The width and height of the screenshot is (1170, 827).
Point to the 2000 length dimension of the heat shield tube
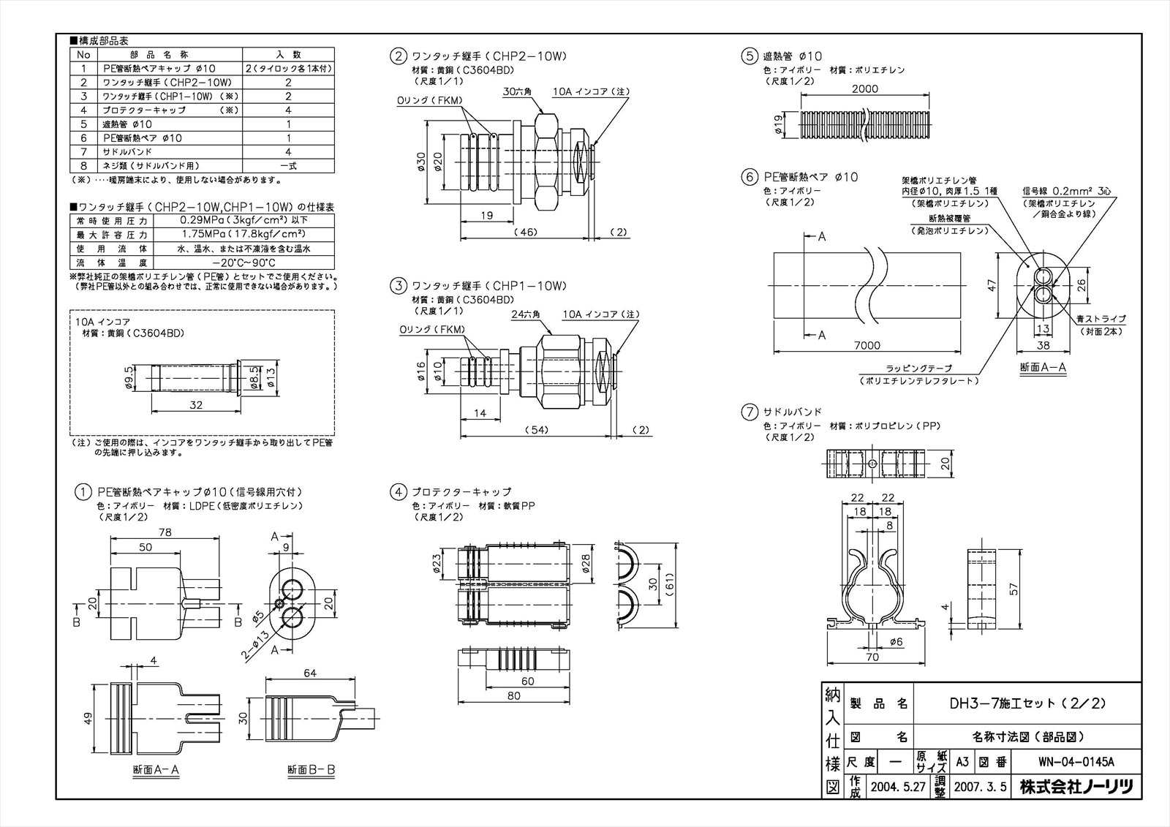[865, 89]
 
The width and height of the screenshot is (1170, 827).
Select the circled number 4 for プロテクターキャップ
[398, 492]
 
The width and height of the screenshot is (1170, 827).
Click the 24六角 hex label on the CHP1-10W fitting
[525, 314]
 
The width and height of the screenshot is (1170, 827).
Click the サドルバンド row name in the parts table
[127, 151]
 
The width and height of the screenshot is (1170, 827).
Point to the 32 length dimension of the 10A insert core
[195, 404]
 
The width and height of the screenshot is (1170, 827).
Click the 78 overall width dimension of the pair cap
[165, 532]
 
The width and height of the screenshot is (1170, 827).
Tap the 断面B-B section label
[311, 769]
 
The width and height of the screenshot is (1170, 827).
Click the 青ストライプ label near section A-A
[1101, 320]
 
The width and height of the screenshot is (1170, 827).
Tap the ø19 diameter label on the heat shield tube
[779, 126]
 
